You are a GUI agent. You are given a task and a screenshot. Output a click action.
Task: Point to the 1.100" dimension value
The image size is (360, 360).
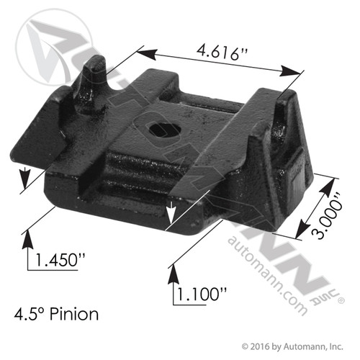point(201,293)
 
